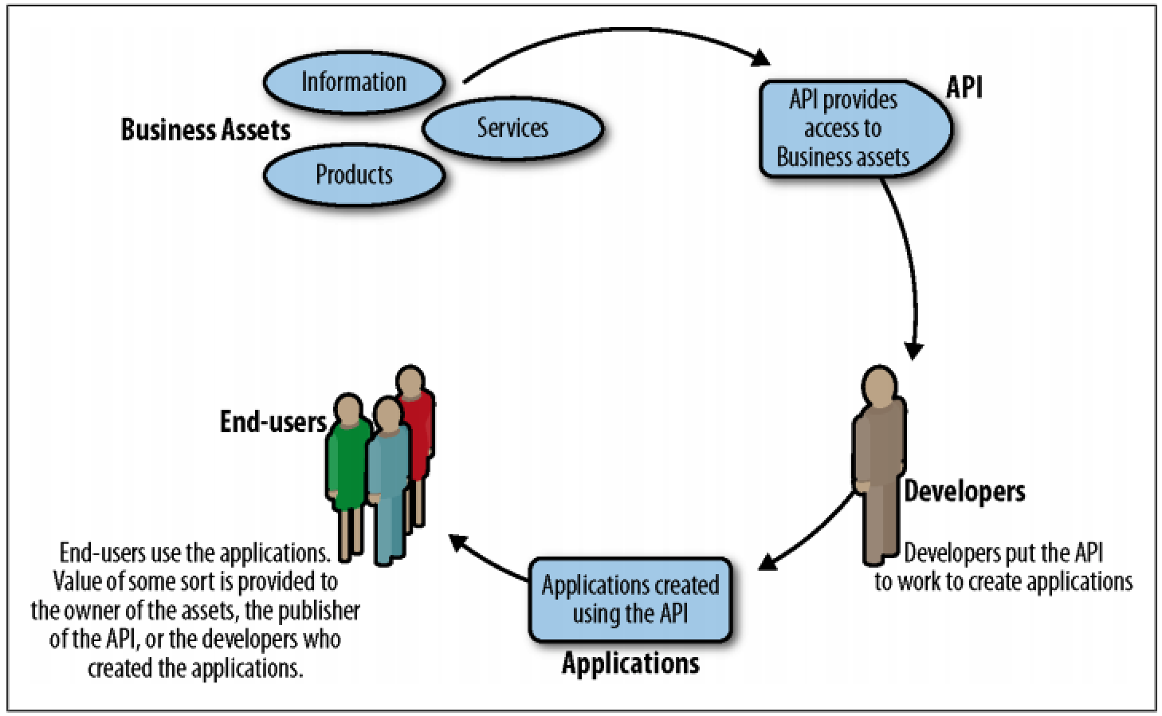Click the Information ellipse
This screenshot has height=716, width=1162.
(x=353, y=82)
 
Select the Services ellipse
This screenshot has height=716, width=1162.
(x=512, y=128)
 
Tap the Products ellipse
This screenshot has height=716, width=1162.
(x=354, y=174)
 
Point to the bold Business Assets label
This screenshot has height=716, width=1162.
(x=205, y=130)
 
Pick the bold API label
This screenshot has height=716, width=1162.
(x=964, y=87)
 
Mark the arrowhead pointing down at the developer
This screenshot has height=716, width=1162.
(x=914, y=350)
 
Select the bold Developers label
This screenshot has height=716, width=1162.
(x=964, y=491)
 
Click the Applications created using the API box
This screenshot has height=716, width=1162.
(x=630, y=600)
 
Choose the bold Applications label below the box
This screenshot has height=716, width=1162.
(x=630, y=663)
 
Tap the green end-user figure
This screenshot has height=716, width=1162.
(x=347, y=462)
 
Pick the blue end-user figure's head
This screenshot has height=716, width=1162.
(x=388, y=414)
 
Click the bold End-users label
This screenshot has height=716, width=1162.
(x=273, y=422)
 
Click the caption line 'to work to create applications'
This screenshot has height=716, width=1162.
(x=1003, y=581)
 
